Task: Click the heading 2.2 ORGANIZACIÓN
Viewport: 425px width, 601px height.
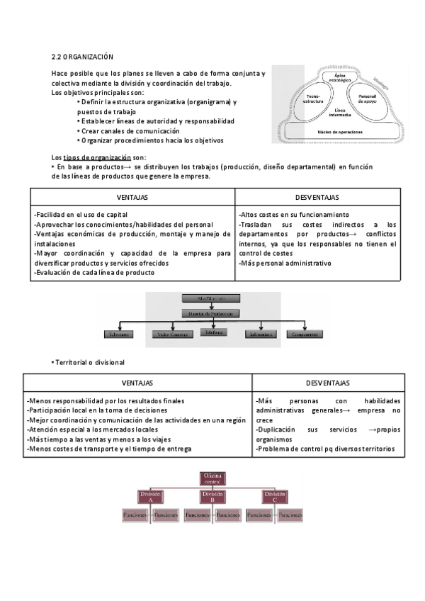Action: [x=82, y=56]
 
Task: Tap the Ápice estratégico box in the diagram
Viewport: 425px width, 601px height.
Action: [x=343, y=78]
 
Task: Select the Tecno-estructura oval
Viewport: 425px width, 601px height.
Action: [x=313, y=99]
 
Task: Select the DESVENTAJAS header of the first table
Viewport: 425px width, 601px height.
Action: [x=317, y=197]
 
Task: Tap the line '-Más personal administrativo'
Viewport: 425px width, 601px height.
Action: [x=285, y=263]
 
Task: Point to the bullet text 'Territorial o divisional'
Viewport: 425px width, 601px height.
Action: [x=90, y=362]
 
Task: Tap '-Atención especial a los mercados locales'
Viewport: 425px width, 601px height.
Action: [x=91, y=429]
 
